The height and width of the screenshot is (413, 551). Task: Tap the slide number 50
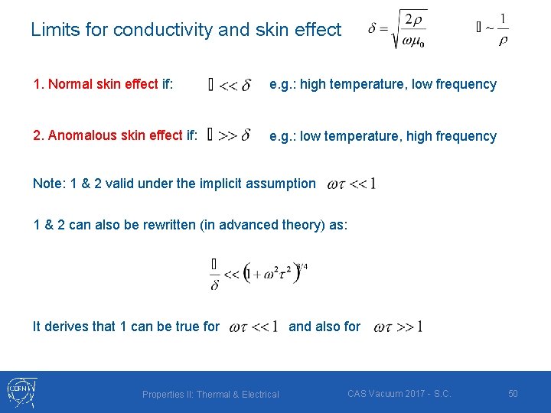[513, 394]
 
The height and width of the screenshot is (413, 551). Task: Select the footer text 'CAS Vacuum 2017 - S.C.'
[399, 394]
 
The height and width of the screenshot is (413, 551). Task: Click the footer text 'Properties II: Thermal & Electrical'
[210, 395]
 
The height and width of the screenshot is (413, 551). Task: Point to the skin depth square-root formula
[397, 29]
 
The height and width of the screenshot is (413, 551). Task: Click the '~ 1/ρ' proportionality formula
[493, 29]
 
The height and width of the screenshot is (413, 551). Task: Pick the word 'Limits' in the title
[52, 30]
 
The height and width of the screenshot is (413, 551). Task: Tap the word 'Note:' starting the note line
[48, 184]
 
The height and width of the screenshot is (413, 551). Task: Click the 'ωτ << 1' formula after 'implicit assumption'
[350, 184]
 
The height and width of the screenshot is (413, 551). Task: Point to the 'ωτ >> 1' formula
[398, 327]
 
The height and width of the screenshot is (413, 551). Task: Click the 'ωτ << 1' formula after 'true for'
[253, 327]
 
